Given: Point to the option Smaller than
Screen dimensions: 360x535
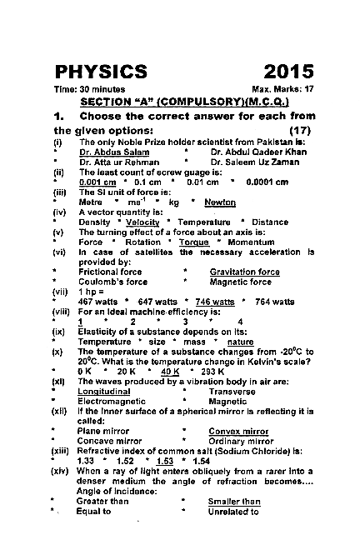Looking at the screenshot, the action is [x=234, y=501].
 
